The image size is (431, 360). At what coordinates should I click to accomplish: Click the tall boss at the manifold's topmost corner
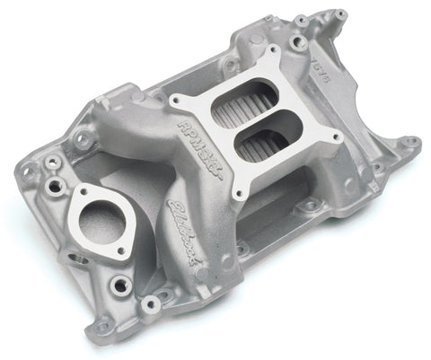(339, 15)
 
